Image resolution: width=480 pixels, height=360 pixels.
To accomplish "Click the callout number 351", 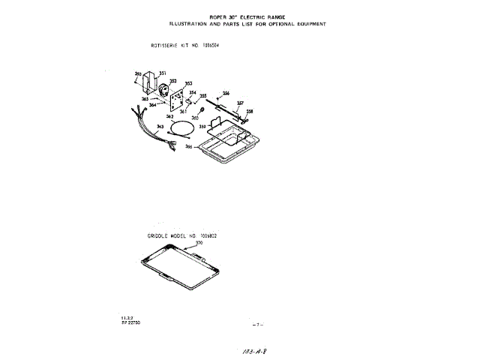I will (163, 73).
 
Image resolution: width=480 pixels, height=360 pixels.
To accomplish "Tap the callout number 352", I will (173, 81).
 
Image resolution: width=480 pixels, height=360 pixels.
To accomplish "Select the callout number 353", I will (188, 83).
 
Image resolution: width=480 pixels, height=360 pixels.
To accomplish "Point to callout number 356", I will (226, 92).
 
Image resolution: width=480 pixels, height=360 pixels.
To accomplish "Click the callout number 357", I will (240, 103).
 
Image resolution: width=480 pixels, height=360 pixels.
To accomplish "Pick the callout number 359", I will (202, 127).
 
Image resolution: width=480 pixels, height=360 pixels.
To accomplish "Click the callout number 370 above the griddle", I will (199, 243).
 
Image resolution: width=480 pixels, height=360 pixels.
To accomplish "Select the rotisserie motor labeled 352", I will (163, 92).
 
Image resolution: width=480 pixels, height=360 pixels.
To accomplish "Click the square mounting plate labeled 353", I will (178, 100).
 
